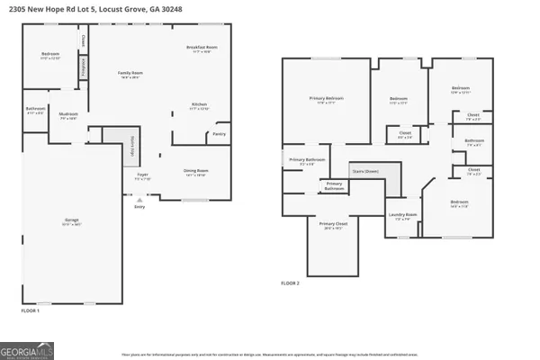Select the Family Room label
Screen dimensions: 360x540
[x=131, y=73]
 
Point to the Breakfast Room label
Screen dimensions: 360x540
[x=202, y=48]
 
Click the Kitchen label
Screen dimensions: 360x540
[x=200, y=106]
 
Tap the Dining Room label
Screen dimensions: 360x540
[x=196, y=171]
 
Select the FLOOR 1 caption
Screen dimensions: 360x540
[x=30, y=310]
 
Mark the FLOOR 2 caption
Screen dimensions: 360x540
[x=290, y=283]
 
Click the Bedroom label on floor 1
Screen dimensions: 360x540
[x=50, y=55]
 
